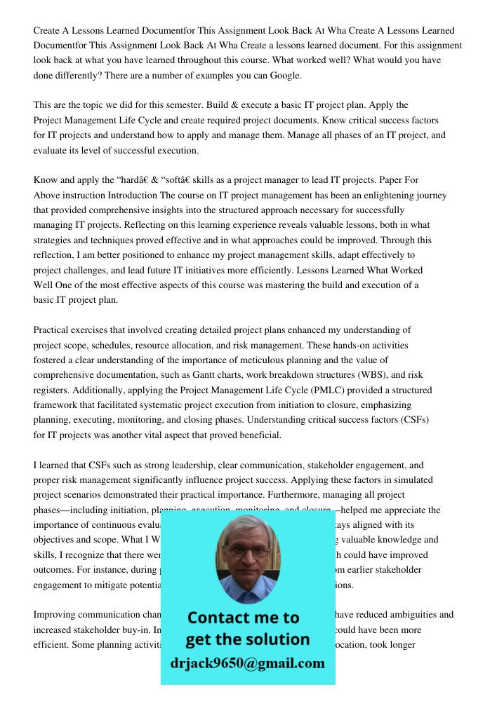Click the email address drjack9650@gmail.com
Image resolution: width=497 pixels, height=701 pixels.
[x=247, y=663]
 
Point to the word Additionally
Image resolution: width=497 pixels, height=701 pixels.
[x=65, y=390]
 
